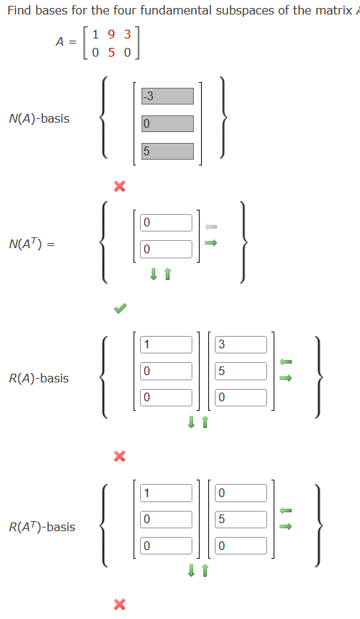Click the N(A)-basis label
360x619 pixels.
(x=39, y=118)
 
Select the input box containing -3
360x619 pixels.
(x=168, y=96)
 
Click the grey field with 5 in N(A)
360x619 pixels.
(x=168, y=151)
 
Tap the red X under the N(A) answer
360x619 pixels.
(x=120, y=186)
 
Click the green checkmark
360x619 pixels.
(x=120, y=308)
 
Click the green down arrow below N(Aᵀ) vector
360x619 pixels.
(x=154, y=274)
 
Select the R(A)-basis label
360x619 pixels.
(x=39, y=378)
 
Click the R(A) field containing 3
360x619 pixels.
(x=240, y=345)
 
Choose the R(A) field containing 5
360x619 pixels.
(x=240, y=371)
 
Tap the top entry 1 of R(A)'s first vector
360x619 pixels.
(x=166, y=345)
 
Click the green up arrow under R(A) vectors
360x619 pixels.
(x=205, y=422)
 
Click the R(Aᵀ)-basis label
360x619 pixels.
(x=42, y=527)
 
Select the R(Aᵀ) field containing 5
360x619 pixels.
(x=240, y=519)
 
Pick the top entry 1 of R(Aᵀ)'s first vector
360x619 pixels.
(x=166, y=493)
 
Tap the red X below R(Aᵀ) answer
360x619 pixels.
(x=120, y=604)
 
